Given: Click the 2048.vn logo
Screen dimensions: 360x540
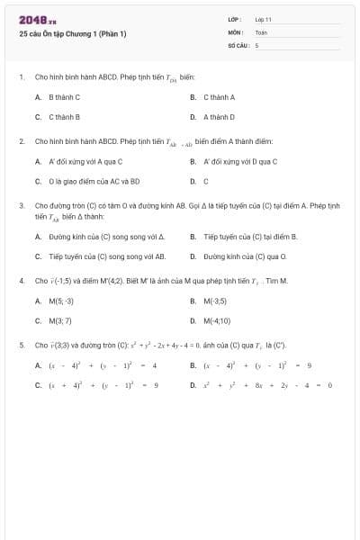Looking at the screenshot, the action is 37,21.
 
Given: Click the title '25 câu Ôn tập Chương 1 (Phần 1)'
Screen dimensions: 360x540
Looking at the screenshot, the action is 72,34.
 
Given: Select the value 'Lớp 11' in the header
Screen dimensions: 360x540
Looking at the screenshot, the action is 263,18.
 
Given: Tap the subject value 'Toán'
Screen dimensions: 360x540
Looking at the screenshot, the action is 261,31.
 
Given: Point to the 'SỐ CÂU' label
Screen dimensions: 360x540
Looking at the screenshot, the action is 237,44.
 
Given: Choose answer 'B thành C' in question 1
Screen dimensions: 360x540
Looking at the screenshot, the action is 64,97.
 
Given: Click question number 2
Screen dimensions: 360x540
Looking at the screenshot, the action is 21,141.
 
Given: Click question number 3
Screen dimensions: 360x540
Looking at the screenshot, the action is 21,206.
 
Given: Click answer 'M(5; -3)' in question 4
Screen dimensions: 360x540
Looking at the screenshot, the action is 61,301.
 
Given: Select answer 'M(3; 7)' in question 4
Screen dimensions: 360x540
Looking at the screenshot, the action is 59,320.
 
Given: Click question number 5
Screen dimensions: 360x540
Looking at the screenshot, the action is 21,345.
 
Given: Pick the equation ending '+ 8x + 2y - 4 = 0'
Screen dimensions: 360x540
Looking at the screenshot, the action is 267,385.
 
